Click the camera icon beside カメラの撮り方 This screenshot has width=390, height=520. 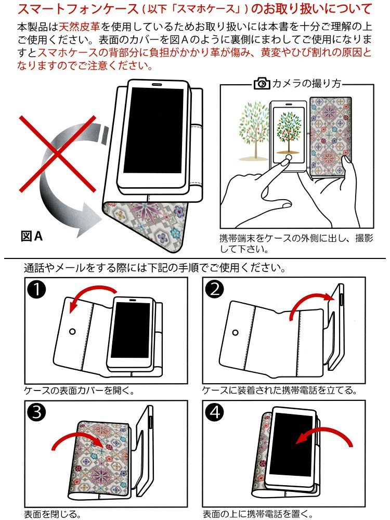tap(262, 83)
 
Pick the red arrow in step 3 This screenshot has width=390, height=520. tap(78, 439)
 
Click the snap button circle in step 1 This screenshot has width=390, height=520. tap(72, 331)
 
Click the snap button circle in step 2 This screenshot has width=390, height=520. tap(236, 332)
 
